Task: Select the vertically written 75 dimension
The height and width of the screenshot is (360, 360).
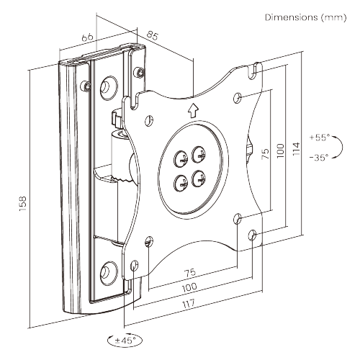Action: click(x=266, y=152)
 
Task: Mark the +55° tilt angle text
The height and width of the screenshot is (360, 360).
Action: click(x=318, y=136)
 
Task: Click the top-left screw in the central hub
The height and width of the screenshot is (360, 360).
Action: click(x=180, y=153)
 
